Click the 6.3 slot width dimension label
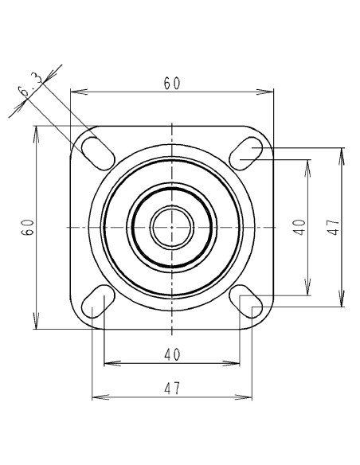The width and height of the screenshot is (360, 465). click(x=30, y=85)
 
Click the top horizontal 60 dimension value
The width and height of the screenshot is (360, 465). click(x=172, y=84)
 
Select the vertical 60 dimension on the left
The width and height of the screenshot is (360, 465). click(x=28, y=228)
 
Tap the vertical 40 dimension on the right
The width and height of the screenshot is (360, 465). click(x=299, y=227)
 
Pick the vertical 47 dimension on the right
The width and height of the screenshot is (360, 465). click(x=333, y=227)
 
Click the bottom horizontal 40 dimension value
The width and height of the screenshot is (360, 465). click(x=172, y=354)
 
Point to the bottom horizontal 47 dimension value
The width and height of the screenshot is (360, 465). click(x=172, y=389)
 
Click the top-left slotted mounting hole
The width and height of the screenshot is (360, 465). click(x=98, y=154)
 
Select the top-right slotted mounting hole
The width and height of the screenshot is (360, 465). click(x=246, y=154)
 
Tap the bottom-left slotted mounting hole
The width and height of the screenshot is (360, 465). click(x=98, y=301)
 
